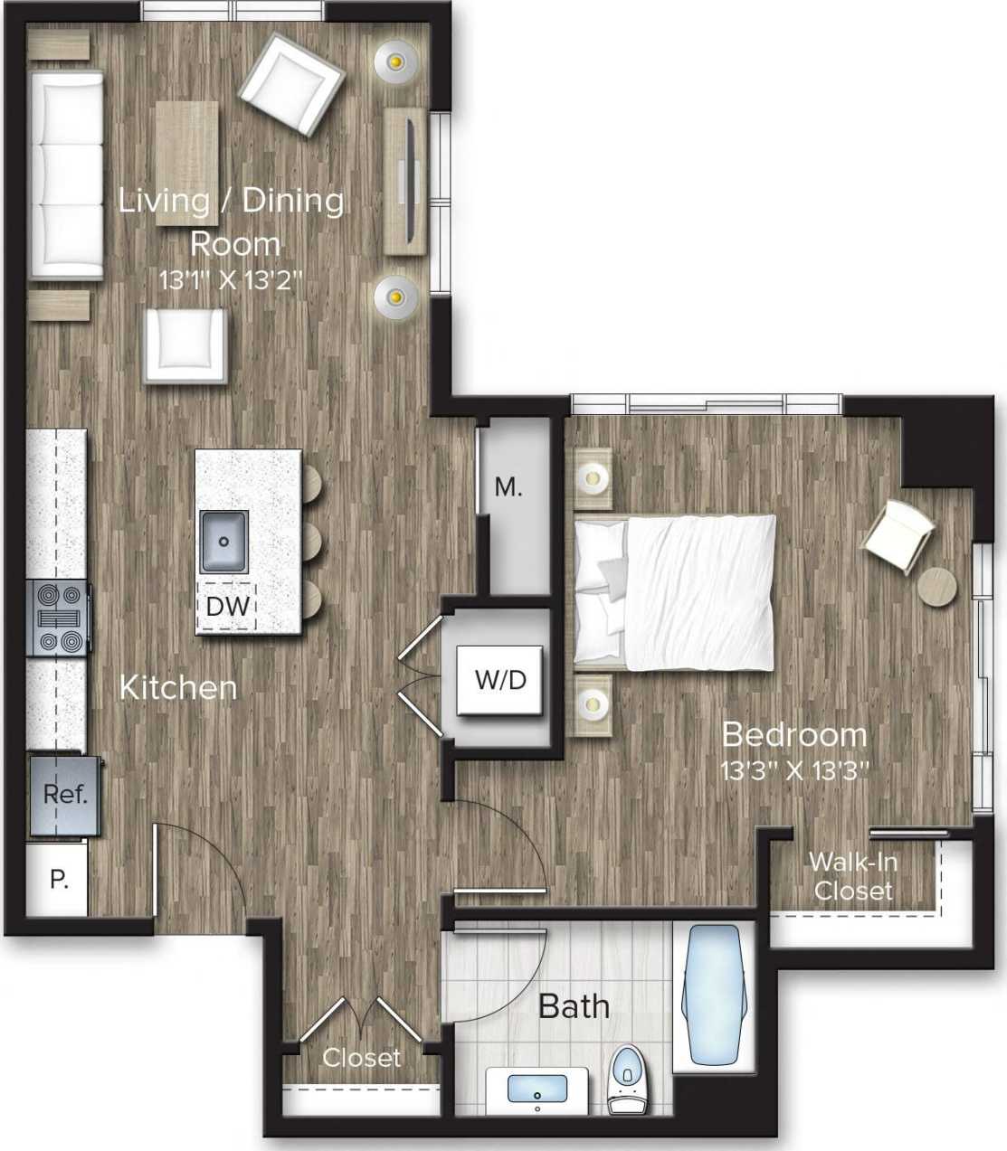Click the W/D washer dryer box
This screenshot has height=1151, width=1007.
pyautogui.click(x=500, y=680)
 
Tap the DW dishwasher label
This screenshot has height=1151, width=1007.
pyautogui.click(x=227, y=606)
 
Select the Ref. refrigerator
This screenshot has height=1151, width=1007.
pyautogui.click(x=64, y=795)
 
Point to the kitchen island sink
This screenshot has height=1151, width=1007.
pyautogui.click(x=223, y=542)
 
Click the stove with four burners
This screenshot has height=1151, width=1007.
pyautogui.click(x=59, y=618)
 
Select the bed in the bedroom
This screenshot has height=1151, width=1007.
pyautogui.click(x=675, y=592)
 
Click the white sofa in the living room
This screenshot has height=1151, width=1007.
pyautogui.click(x=66, y=175)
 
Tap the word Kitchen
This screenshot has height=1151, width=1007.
pyautogui.click(x=178, y=687)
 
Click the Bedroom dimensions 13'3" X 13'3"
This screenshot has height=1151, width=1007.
pyautogui.click(x=794, y=770)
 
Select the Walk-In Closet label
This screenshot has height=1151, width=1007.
pyautogui.click(x=852, y=876)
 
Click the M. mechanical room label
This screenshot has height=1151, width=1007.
pyautogui.click(x=508, y=487)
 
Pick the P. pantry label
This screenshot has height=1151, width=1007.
pyautogui.click(x=59, y=879)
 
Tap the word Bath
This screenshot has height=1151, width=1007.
pyautogui.click(x=574, y=1005)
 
